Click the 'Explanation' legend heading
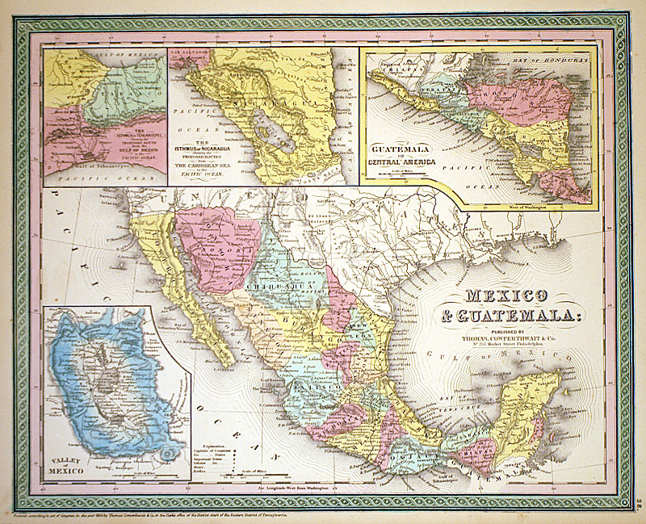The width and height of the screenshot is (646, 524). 213,444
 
